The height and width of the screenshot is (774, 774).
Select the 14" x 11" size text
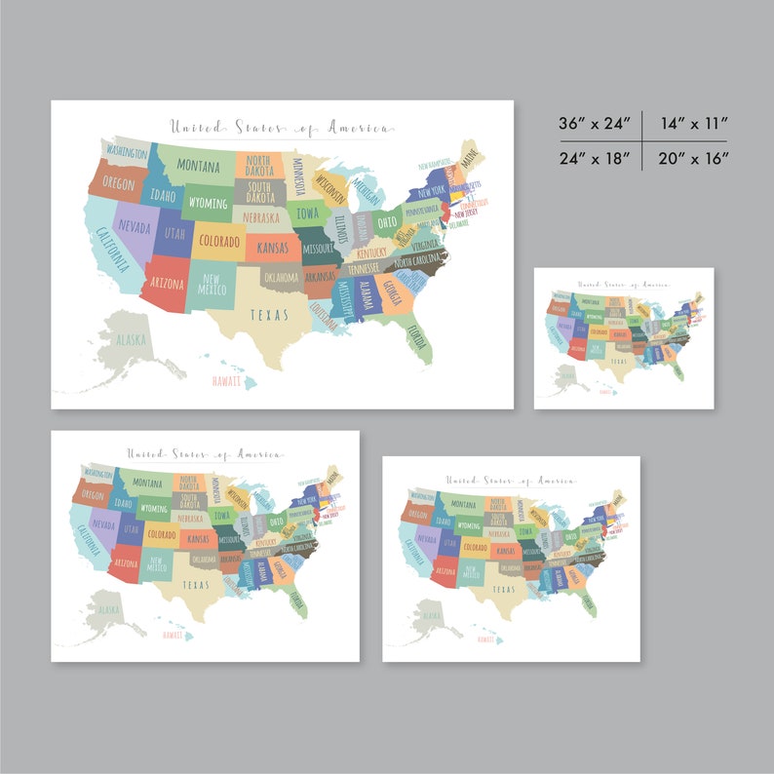coord(693,124)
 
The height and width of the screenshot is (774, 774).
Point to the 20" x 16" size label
coord(693,158)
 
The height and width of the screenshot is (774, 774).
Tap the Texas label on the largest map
coord(269,315)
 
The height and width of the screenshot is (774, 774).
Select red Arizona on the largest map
coord(165,283)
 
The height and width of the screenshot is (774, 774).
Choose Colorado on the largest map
coord(218,240)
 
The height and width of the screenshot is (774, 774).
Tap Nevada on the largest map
coord(135,225)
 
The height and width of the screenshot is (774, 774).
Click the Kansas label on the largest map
coord(272,248)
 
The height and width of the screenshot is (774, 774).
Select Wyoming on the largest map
coord(207,204)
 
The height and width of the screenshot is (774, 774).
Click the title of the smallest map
coord(624,285)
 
